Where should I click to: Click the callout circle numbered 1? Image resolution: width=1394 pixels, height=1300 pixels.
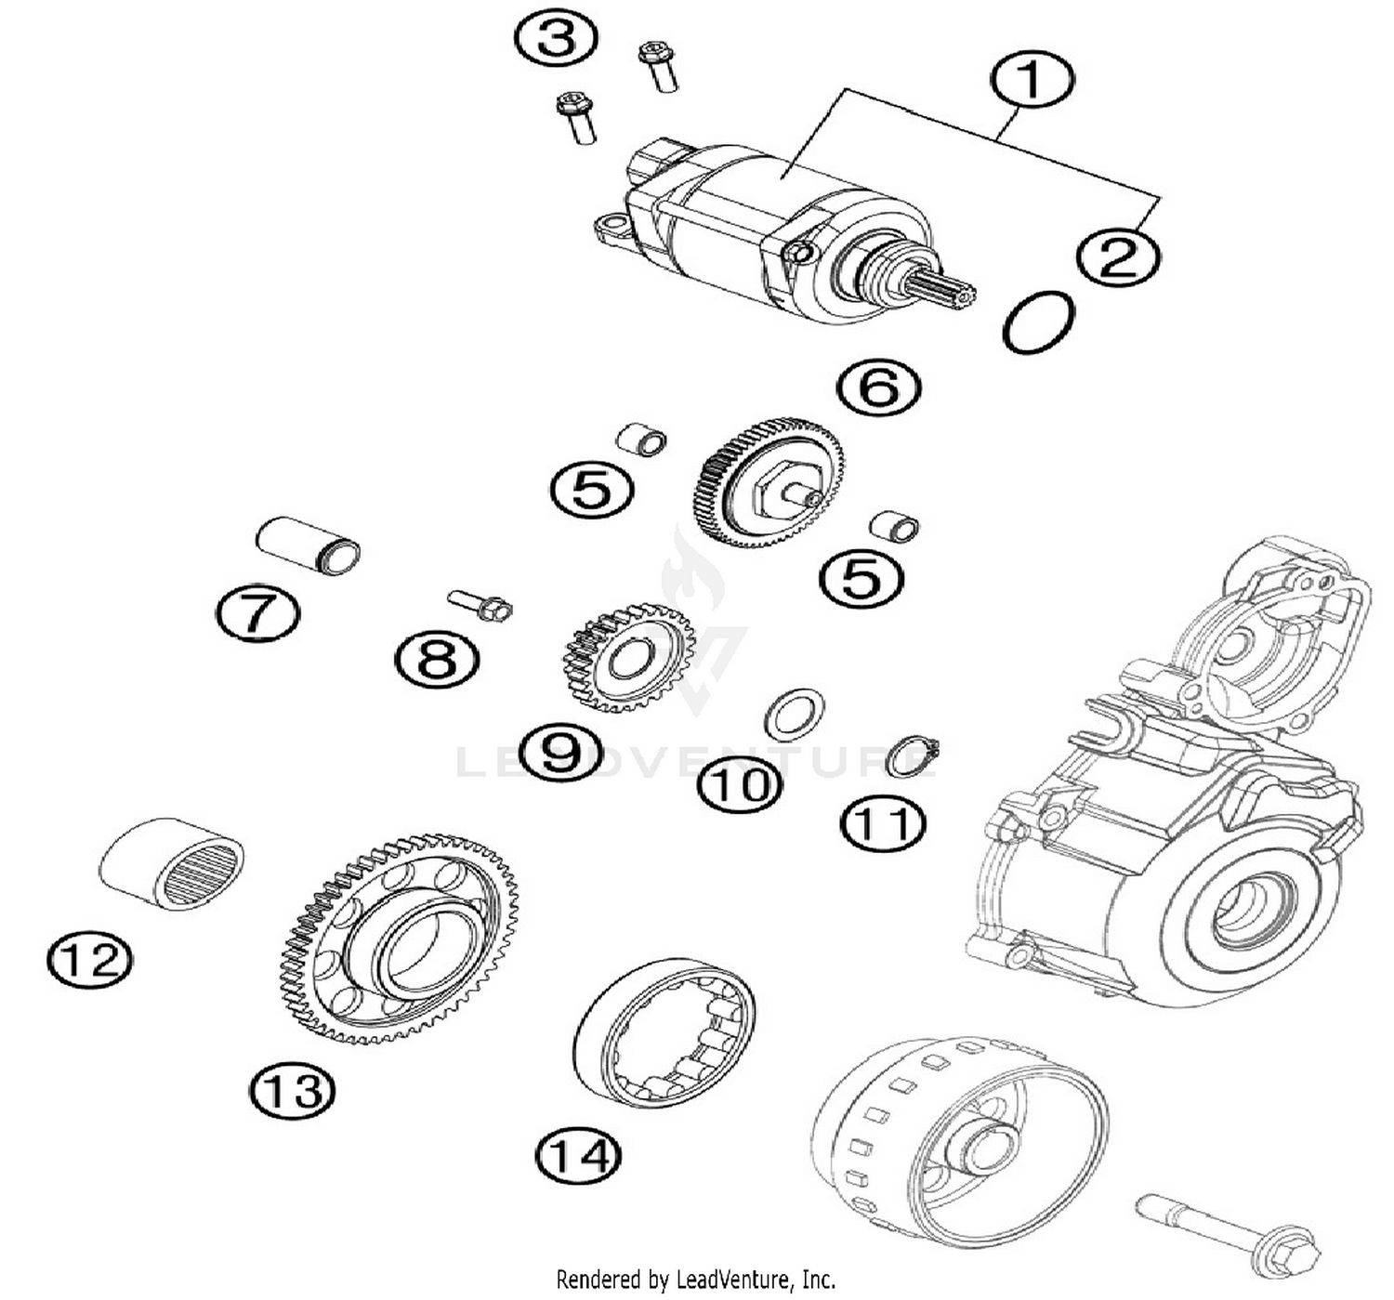click(x=1032, y=80)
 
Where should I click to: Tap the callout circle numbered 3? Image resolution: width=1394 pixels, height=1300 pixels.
click(x=556, y=39)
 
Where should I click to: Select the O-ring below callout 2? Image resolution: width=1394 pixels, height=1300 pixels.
click(x=1038, y=322)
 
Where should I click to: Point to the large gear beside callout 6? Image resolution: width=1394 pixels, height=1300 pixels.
click(x=769, y=481)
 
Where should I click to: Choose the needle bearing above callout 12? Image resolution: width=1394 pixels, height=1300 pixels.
click(x=172, y=862)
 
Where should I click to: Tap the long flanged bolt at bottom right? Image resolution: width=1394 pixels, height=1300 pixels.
click(x=1228, y=1230)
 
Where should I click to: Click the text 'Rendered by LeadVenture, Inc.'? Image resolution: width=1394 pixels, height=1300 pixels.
click(x=696, y=1280)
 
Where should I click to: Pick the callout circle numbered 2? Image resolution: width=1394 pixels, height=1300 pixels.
click(x=1118, y=256)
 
